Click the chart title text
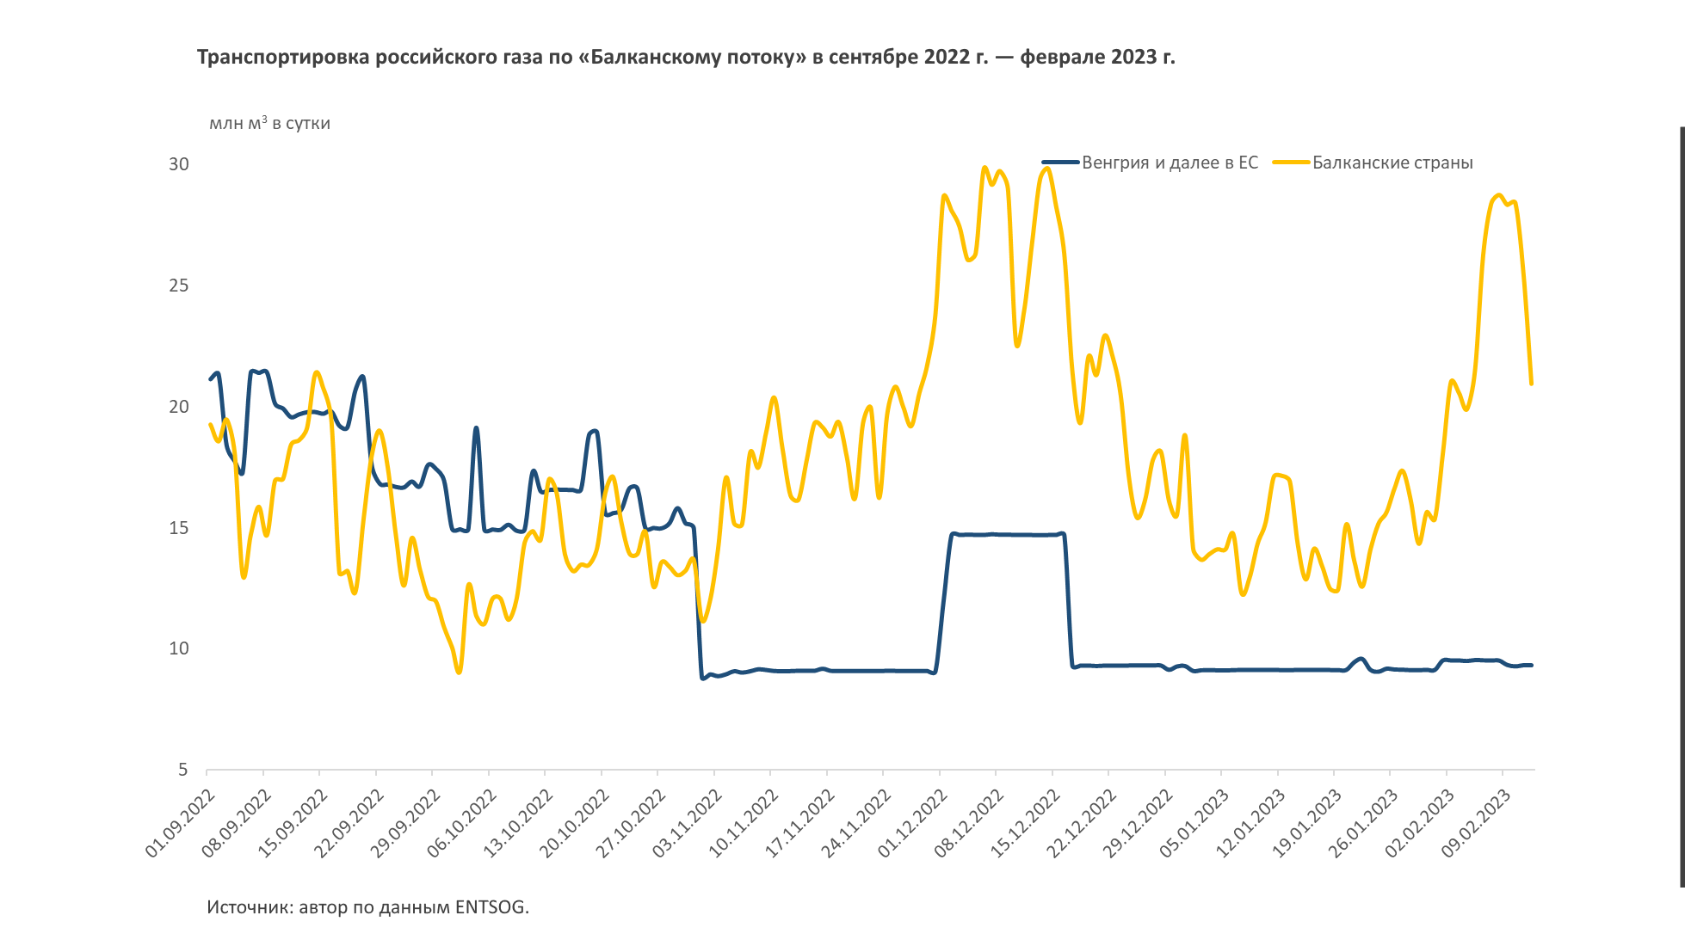[686, 57]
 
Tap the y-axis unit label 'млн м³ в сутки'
[269, 123]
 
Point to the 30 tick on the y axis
[179, 164]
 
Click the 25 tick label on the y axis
[179, 286]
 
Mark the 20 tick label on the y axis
[179, 407]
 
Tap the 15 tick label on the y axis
[179, 528]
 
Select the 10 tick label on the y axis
[179, 648]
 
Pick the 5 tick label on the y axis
[183, 770]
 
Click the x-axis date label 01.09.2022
[180, 823]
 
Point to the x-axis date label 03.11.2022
[687, 823]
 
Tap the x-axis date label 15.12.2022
[1025, 823]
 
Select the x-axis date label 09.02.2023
[1476, 823]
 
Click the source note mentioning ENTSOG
[367, 907]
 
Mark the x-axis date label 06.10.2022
[462, 823]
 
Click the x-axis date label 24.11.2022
[856, 823]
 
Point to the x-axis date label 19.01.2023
[1307, 823]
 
